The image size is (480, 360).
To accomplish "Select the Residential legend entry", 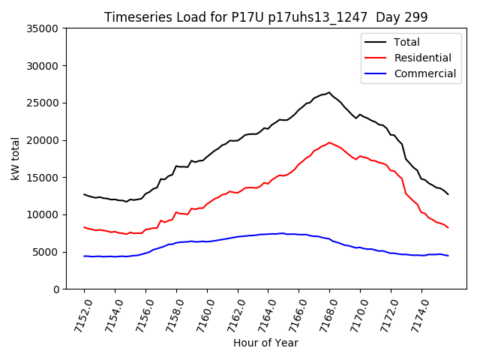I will tap(422, 58).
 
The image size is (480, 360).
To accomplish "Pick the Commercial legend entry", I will tap(424, 73).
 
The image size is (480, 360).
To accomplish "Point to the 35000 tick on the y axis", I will tap(43, 28).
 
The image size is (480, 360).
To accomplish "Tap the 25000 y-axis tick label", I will tap(43, 103).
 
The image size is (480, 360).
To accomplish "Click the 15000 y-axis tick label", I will tap(43, 178).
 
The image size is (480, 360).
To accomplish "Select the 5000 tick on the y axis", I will tap(46, 252).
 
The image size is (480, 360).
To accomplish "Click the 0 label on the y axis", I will tap(55, 289).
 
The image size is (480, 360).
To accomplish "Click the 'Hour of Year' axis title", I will tap(265, 343).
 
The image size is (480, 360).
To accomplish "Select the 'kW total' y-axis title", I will tap(15, 158).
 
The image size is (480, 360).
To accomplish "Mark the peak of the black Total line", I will tap(329, 92).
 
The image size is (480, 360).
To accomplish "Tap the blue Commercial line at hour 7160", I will tap(207, 241).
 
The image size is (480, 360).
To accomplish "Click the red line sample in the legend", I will tap(376, 58).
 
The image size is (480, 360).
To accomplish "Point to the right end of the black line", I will tap(448, 194).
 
